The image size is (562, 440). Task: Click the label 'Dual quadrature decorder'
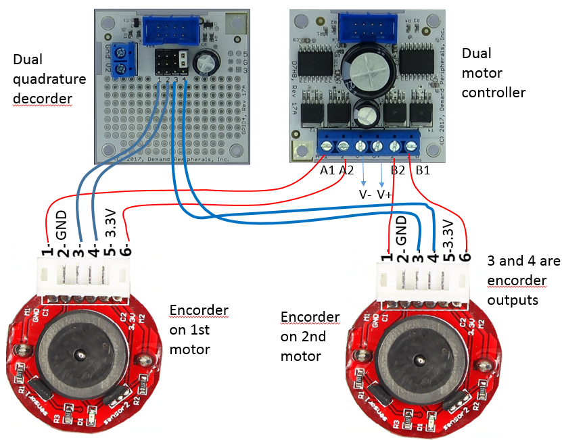tap(49, 79)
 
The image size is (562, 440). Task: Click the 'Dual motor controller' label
tap(493, 72)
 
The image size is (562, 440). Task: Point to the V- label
tap(365, 194)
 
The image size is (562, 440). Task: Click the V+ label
tap(385, 194)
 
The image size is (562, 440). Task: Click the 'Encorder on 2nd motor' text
tap(310, 336)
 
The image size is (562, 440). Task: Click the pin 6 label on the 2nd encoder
tap(466, 256)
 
